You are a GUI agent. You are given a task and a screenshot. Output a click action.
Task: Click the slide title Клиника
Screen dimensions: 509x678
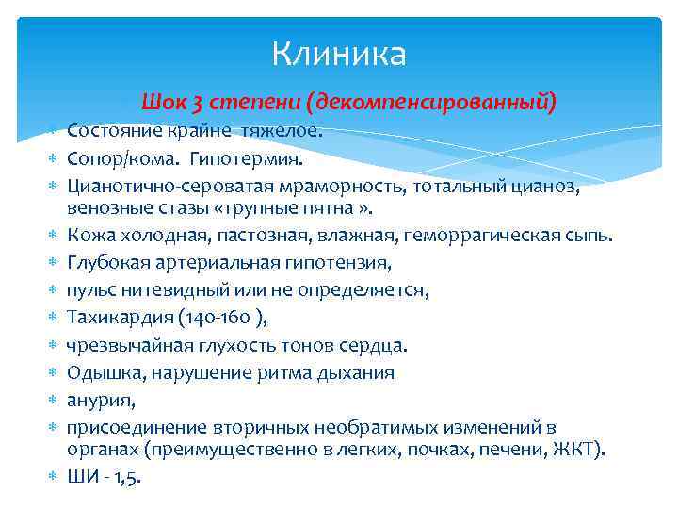(x=339, y=54)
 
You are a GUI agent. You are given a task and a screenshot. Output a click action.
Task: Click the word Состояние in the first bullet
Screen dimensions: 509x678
(x=113, y=132)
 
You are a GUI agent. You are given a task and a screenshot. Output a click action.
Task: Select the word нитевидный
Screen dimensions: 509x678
(x=165, y=290)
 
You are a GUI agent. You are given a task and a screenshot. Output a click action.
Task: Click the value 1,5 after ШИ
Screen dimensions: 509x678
(x=126, y=477)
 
